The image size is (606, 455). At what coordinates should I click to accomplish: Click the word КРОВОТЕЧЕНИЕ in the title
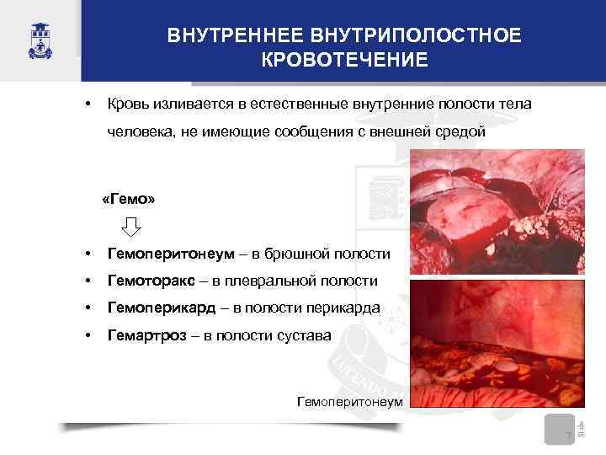tap(344, 61)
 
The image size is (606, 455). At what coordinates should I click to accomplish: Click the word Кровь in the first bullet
tap(126, 104)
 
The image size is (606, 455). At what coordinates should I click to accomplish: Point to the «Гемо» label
tap(126, 200)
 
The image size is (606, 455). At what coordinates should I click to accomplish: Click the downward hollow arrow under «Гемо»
tap(131, 227)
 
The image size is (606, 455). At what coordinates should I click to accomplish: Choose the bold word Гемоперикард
tap(154, 308)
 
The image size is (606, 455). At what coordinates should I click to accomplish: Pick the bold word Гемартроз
tap(142, 336)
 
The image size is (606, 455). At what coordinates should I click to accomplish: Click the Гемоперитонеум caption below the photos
tap(350, 401)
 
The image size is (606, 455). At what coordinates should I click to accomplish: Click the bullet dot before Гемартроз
tap(88, 336)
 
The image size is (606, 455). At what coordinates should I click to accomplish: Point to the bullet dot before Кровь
tap(88, 104)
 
